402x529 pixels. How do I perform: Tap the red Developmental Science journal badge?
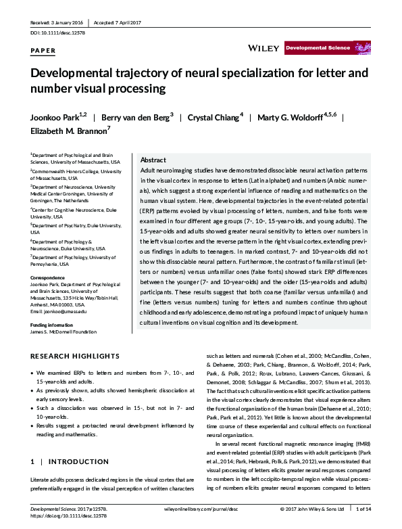(317, 48)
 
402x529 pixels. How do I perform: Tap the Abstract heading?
(153, 160)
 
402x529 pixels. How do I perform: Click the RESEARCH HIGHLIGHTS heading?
(76, 356)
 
